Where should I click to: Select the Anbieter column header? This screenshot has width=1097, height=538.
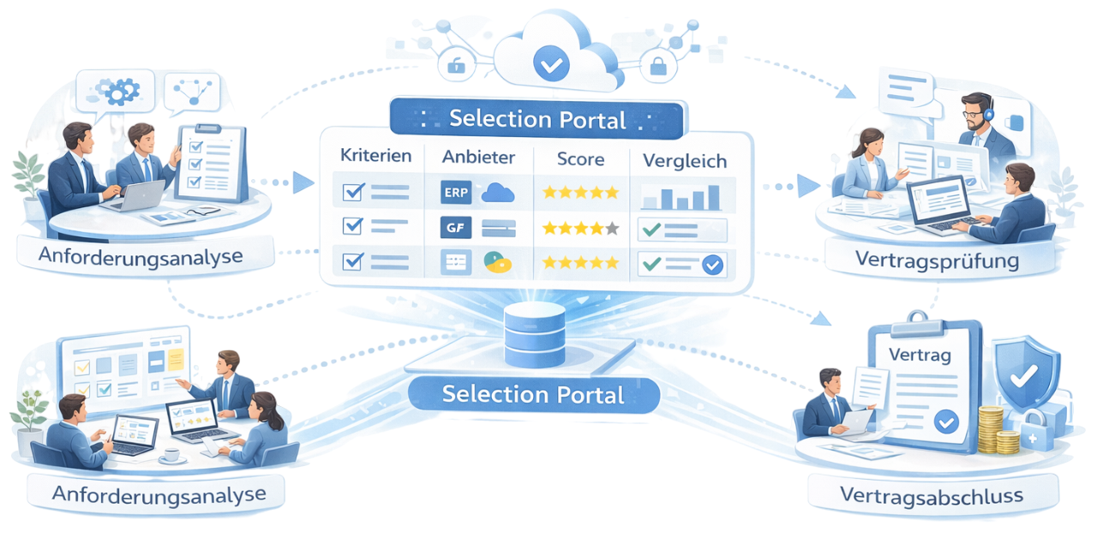tap(478, 158)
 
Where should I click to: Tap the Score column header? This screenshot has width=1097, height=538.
tap(580, 158)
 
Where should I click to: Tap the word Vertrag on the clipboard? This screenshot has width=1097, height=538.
tap(920, 356)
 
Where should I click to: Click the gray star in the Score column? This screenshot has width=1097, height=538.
tap(611, 229)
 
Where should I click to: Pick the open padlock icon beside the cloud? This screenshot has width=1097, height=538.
tap(456, 64)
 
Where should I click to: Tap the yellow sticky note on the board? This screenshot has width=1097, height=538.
tap(176, 357)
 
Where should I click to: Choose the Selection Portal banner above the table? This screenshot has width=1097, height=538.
tap(537, 119)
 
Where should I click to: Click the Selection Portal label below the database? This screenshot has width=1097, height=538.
tap(532, 395)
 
